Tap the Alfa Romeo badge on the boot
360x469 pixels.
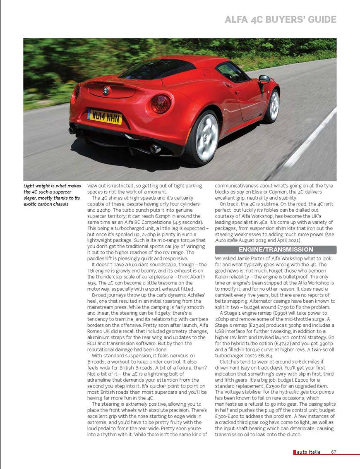tap(106, 89)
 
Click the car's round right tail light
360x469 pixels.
tap(161, 104)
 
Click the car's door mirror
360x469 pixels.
tap(264, 79)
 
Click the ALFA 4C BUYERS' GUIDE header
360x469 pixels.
tap(280, 19)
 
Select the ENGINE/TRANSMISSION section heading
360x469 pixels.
tap(275, 250)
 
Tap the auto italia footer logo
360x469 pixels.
tap(308, 452)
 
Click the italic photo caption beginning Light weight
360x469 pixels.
tap(52, 195)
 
